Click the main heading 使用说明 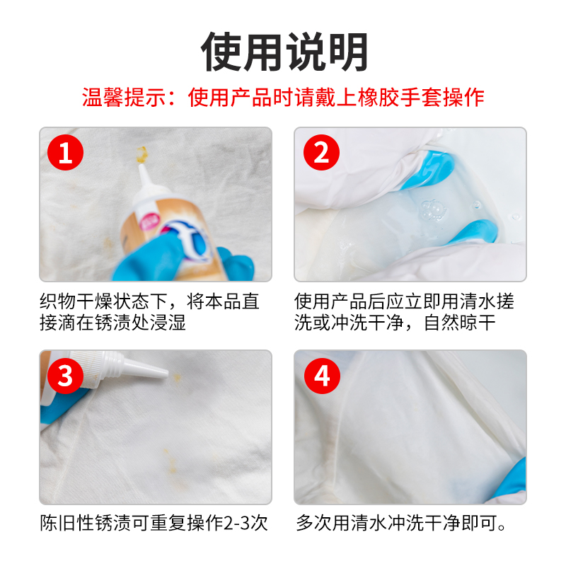point(284,52)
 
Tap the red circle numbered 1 point(65,152)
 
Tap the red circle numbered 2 point(321,152)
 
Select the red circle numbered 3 point(65,376)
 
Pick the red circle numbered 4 point(322,376)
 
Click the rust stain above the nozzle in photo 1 point(141,154)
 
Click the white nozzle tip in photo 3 point(163,374)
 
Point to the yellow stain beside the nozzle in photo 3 point(177,378)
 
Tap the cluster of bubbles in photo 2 point(433,210)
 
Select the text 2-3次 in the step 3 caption point(246,523)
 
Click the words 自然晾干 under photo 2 point(459,323)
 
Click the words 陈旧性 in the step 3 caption point(67,523)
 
